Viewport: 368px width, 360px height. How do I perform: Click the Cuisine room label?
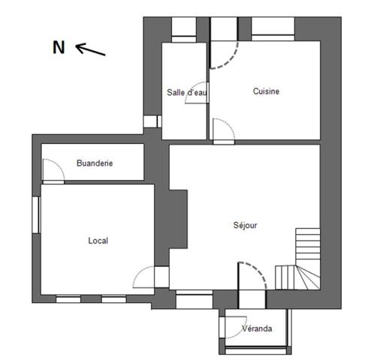(x=266, y=91)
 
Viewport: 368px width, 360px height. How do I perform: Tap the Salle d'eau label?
(x=187, y=92)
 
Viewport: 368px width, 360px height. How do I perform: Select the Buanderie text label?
(x=95, y=163)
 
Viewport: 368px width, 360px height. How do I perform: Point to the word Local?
(x=98, y=241)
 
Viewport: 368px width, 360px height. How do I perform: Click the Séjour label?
(x=245, y=225)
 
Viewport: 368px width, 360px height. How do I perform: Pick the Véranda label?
(x=257, y=328)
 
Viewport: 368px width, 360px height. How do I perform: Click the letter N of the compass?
(x=59, y=47)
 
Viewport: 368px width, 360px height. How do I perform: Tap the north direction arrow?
(x=90, y=49)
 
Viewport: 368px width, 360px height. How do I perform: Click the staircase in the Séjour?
(x=298, y=259)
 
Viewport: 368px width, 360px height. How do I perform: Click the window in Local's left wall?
(x=36, y=215)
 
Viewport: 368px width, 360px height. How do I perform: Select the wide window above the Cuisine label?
(x=273, y=29)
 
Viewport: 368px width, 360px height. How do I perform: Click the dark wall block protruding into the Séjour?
(x=178, y=219)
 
